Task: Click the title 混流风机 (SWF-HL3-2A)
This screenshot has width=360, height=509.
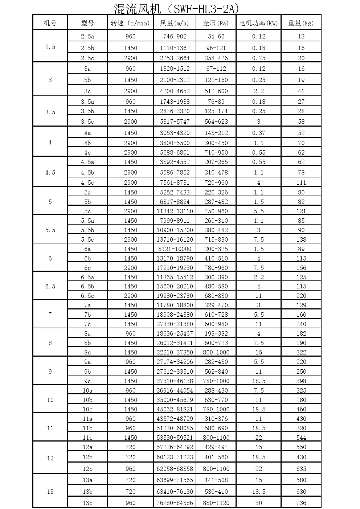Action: pyautogui.click(x=176, y=8)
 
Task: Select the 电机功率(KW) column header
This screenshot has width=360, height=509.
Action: pyautogui.click(x=258, y=23)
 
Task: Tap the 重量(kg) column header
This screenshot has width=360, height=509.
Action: pyautogui.click(x=301, y=23)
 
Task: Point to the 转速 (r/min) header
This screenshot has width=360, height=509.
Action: pyautogui.click(x=130, y=23)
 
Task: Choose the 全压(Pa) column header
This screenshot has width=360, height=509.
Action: pyautogui.click(x=216, y=23)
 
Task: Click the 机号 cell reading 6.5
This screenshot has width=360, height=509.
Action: pyautogui.click(x=50, y=287)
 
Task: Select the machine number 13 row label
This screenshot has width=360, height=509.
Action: pyautogui.click(x=50, y=492)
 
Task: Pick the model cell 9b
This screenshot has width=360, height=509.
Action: pyautogui.click(x=87, y=372)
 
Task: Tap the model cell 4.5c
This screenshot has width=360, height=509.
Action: pyautogui.click(x=87, y=182)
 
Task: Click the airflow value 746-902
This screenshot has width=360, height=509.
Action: pyautogui.click(x=175, y=36)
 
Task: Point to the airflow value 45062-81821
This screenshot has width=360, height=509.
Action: pyautogui.click(x=175, y=409)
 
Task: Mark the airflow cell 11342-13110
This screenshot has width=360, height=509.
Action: pyautogui.click(x=175, y=211)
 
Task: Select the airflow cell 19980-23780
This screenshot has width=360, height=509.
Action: pyautogui.click(x=175, y=296)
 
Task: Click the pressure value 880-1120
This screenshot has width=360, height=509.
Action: pyautogui.click(x=216, y=503)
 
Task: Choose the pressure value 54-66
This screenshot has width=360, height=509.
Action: pyautogui.click(x=216, y=36)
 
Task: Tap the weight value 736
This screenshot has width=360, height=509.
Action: pyautogui.click(x=301, y=503)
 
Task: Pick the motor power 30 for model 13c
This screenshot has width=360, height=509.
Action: pyautogui.click(x=258, y=503)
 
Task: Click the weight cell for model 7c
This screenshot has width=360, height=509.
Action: pyautogui.click(x=301, y=324)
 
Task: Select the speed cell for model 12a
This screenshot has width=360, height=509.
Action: pyautogui.click(x=130, y=447)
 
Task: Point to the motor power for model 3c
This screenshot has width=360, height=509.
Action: pyautogui.click(x=258, y=91)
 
